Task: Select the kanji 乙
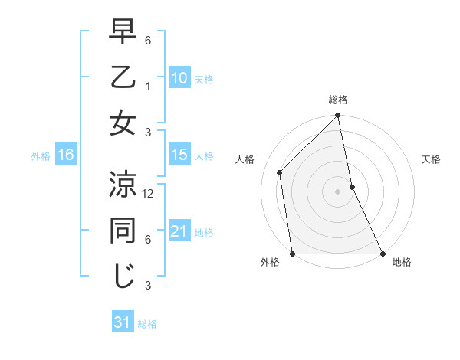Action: coord(123,78)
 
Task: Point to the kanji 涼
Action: coord(123,184)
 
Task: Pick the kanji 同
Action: coord(123,230)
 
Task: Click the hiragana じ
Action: coord(123,276)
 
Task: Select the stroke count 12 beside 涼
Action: coord(149,194)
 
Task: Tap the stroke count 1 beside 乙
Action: coord(149,87)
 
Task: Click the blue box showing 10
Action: coord(179,78)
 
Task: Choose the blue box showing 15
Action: coord(179,155)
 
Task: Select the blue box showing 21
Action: coord(179,231)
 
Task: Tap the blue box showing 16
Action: coord(65,155)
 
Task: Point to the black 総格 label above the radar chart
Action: coord(338,100)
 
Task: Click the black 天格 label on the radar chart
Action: coord(431,159)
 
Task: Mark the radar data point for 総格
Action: coord(338,116)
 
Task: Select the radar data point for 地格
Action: coord(382,253)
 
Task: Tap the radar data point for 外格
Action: coord(293,253)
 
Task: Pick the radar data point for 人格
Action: coord(280,172)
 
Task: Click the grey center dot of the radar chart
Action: coord(338,191)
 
